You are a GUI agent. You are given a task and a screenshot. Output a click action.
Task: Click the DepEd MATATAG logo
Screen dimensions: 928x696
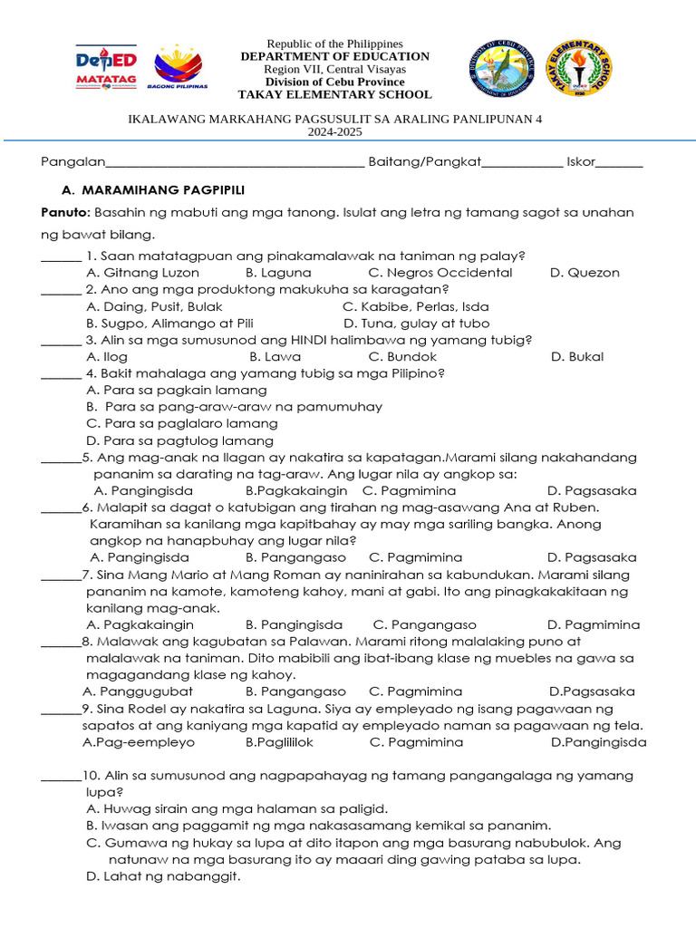click(x=105, y=67)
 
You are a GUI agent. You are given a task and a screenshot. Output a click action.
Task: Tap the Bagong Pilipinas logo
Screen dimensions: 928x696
click(x=180, y=68)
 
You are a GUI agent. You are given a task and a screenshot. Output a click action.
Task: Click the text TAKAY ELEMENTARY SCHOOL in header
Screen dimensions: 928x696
click(x=334, y=95)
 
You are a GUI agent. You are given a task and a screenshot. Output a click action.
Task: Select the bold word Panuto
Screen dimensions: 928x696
click(x=64, y=212)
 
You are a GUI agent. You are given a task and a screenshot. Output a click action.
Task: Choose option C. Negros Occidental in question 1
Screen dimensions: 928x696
click(x=440, y=273)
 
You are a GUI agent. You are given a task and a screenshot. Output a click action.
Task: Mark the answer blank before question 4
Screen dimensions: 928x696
click(x=61, y=374)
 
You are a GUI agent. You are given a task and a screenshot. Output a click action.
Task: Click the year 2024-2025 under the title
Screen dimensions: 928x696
click(x=334, y=131)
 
